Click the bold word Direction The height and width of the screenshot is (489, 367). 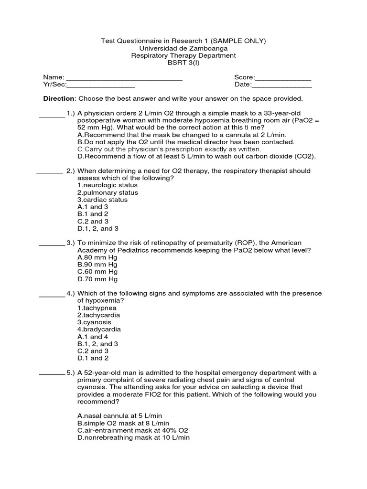pos(59,98)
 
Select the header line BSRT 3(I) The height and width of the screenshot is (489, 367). pos(183,63)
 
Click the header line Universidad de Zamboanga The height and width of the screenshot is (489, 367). pos(183,48)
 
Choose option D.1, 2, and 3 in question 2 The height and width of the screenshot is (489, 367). pos(97,229)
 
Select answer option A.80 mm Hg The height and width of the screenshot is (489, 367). pos(97,257)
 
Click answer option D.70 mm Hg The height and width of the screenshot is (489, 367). pos(97,279)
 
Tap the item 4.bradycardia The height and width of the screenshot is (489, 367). pos(99,329)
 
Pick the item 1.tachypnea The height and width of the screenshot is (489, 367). pos(97,308)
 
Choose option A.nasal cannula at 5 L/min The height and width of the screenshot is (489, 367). pos(122,416)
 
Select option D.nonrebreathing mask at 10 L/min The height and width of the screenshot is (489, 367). pos(133,437)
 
